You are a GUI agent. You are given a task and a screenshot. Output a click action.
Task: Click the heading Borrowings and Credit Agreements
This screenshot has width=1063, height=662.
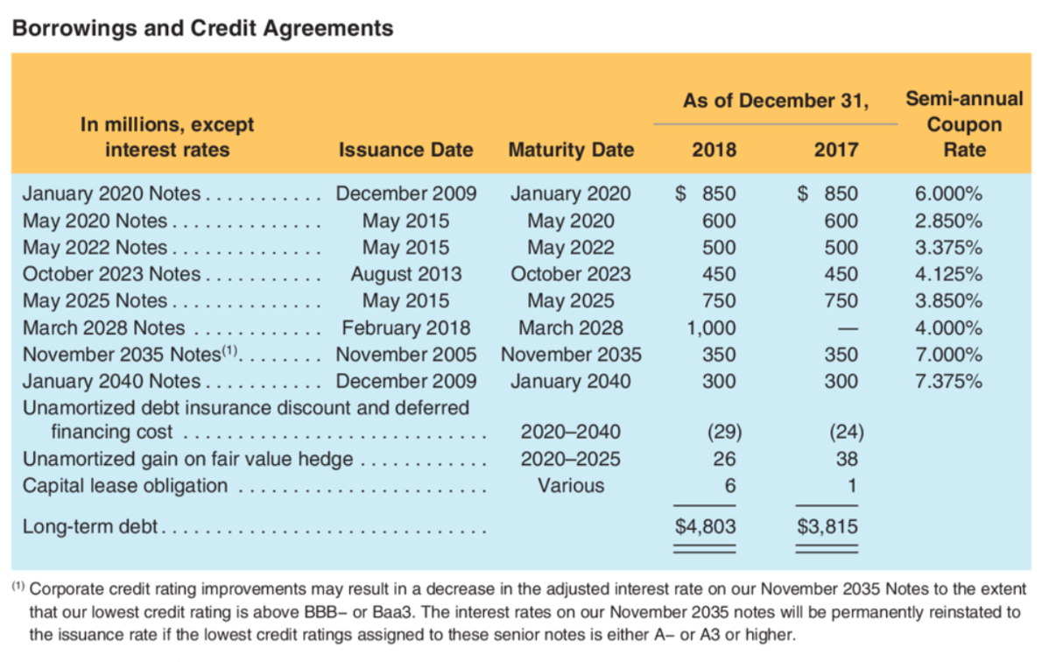tap(202, 28)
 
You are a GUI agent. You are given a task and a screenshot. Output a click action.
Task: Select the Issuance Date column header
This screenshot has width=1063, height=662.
tap(405, 150)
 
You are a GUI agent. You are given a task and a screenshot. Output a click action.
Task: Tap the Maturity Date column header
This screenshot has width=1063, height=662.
tap(570, 150)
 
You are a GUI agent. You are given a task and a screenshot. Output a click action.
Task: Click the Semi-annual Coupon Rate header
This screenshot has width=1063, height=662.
tap(964, 124)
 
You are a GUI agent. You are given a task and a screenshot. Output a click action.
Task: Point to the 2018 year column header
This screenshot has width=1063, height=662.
tap(714, 150)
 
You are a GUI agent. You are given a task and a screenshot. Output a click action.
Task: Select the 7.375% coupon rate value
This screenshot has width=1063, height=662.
tap(948, 382)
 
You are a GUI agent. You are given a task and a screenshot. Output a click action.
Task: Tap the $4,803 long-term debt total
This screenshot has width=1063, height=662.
tap(705, 527)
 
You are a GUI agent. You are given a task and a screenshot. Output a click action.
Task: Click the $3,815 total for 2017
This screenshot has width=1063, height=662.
tap(827, 527)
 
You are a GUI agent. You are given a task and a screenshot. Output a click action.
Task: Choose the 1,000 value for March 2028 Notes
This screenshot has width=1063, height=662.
tap(712, 328)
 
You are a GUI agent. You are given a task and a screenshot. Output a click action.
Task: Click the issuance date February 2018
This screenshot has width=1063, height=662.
tap(405, 328)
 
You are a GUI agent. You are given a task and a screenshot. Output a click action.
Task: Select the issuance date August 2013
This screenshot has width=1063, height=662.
tap(405, 274)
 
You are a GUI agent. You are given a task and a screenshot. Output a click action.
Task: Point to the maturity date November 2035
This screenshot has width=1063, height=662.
tap(570, 355)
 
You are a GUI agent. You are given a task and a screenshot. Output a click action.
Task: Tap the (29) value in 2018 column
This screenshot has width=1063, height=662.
tap(724, 432)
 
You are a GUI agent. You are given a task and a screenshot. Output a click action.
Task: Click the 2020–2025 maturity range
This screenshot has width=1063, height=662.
tap(570, 459)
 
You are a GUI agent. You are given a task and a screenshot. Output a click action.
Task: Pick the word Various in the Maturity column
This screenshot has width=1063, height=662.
tap(570, 485)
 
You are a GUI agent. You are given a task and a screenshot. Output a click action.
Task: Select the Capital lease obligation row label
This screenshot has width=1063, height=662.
tap(124, 485)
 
